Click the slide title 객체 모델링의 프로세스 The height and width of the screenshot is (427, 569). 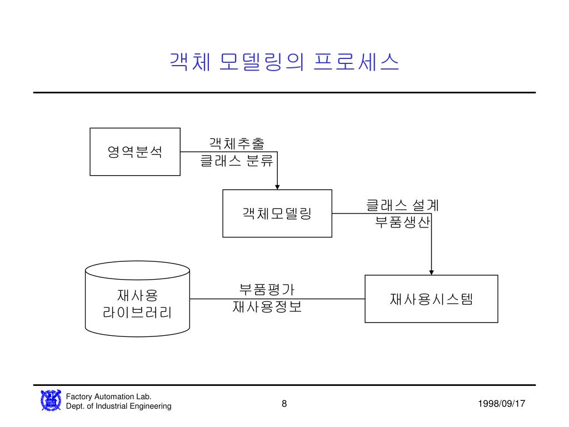point(284,62)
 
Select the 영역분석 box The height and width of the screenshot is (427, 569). point(135,151)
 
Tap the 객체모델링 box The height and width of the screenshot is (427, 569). point(277,213)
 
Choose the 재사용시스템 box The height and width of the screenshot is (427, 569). point(431,299)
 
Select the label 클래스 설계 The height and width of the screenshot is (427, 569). point(402,205)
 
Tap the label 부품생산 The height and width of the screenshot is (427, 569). point(402,222)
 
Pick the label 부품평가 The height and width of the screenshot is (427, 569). point(267,289)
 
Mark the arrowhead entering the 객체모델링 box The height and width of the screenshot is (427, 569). point(277,186)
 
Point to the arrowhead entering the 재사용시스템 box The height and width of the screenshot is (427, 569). point(432,271)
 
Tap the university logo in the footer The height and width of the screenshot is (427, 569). point(51,401)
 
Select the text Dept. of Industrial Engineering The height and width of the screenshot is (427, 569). point(118,406)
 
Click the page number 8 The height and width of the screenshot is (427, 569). point(284,404)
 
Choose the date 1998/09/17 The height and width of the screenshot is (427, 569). point(501,404)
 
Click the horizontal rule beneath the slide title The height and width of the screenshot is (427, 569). point(284,92)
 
